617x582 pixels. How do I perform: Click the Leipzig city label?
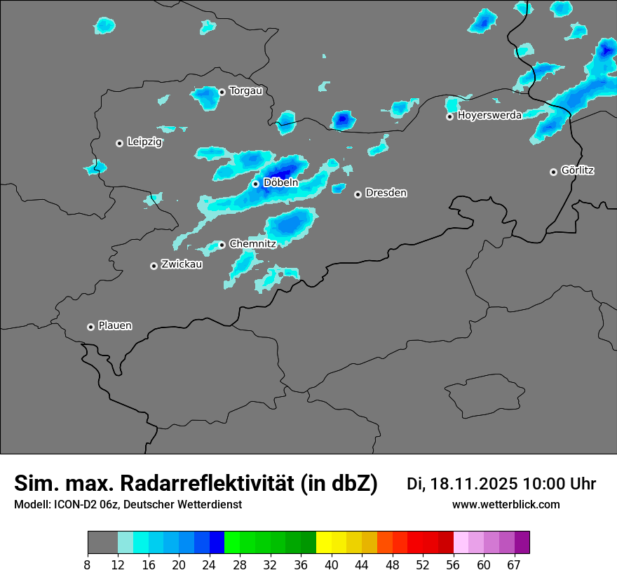click(x=144, y=142)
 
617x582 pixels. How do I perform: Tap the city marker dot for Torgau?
click(x=222, y=92)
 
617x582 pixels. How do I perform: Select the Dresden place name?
click(x=386, y=193)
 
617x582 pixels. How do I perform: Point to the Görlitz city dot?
click(x=553, y=172)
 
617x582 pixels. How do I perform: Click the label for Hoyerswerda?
click(x=489, y=116)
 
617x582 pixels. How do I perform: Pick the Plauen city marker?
click(x=90, y=327)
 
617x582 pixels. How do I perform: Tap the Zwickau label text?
click(x=182, y=264)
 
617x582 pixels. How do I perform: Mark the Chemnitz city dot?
click(x=222, y=245)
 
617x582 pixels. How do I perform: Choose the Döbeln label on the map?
click(x=280, y=183)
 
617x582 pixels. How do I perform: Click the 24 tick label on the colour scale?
click(x=209, y=565)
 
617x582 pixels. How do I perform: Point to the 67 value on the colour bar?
click(x=515, y=565)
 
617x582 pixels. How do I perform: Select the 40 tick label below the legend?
click(x=332, y=565)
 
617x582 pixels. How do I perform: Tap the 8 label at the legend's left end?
click(x=88, y=565)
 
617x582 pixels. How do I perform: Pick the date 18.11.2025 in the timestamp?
click(x=475, y=484)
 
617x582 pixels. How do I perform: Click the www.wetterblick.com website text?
click(x=506, y=504)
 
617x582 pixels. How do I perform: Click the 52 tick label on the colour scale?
click(x=423, y=565)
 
